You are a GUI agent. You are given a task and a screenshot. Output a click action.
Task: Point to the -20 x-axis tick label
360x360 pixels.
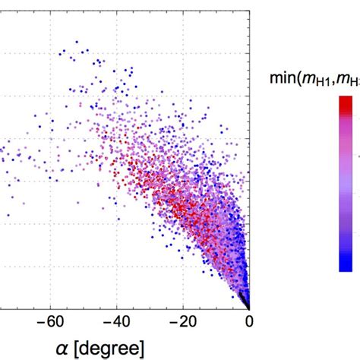182,321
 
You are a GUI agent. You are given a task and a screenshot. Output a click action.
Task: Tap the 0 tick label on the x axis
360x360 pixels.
249,321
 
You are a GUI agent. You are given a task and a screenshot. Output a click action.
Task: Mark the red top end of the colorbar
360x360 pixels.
345,99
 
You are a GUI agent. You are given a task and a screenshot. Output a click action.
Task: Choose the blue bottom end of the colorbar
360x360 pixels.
345,266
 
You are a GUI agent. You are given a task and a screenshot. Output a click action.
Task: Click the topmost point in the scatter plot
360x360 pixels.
77,42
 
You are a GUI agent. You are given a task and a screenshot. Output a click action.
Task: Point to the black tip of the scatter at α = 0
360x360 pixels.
248,304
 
